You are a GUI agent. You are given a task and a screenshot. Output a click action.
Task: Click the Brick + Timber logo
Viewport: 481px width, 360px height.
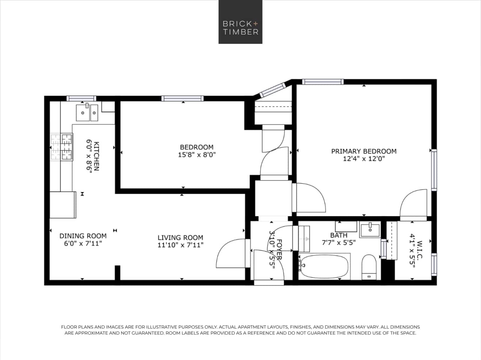click(x=240, y=22)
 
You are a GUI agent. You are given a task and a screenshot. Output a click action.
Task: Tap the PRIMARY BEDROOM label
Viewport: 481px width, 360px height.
click(x=363, y=151)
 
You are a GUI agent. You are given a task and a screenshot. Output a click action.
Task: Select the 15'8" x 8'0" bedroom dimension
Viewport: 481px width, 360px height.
click(x=197, y=155)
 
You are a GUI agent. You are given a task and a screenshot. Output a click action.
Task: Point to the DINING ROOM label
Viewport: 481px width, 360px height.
click(x=83, y=236)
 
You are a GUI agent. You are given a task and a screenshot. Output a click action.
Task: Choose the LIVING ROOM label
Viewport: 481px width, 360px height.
click(x=180, y=238)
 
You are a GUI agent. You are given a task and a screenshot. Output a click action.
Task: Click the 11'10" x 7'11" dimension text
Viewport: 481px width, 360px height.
click(x=180, y=245)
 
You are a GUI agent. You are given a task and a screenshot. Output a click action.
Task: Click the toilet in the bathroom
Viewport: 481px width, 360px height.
click(x=369, y=267)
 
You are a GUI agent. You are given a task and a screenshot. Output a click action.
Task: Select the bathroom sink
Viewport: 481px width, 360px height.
click(x=370, y=229)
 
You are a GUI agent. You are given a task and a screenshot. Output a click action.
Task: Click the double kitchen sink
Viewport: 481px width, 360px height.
click(x=87, y=113)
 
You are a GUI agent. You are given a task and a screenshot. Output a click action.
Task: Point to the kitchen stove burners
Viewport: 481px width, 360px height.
click(x=62, y=146)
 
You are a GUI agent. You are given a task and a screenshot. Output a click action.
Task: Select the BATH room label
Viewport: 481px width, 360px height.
click(x=339, y=235)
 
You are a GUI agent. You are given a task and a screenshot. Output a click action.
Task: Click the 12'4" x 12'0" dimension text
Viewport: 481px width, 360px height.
click(x=364, y=159)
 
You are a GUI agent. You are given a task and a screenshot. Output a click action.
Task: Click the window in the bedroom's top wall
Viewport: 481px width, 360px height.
click(x=183, y=98)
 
